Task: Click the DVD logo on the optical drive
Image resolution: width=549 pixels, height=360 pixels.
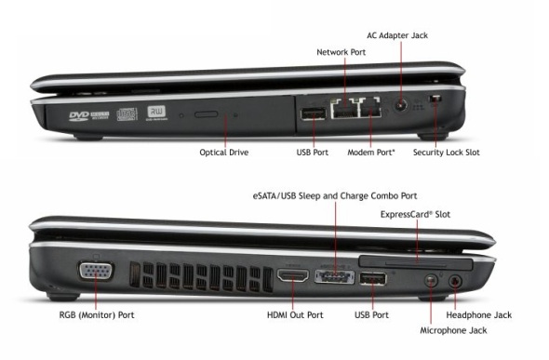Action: pos(79,116)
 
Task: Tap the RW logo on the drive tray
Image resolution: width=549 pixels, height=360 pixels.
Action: pos(156,112)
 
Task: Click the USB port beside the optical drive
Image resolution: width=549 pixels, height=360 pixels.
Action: pos(314,113)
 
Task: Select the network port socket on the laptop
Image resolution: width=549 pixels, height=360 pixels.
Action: pos(345,109)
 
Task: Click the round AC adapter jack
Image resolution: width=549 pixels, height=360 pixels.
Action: pos(401,105)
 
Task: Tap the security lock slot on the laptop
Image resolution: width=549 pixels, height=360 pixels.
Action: pos(435,99)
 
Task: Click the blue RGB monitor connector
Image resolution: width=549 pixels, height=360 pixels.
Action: pos(96,271)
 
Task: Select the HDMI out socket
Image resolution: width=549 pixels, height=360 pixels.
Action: pos(293,275)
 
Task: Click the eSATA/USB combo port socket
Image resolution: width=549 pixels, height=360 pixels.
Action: pos(334,276)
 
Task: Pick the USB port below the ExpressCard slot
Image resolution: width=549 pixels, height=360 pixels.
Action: pos(373,279)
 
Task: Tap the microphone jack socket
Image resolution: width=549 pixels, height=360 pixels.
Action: pos(431,280)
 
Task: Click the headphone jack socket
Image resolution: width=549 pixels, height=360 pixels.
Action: pos(455,281)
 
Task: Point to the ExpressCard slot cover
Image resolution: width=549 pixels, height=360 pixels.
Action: pos(416,262)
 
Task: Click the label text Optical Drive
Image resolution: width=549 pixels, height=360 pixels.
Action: pos(224,153)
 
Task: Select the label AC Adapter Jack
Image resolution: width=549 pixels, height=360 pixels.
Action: pos(397,35)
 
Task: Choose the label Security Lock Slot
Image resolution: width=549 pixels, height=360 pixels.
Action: pos(447,153)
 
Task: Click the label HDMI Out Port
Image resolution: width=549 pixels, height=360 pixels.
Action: pos(295,314)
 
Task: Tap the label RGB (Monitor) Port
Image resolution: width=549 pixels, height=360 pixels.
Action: pos(97,314)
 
